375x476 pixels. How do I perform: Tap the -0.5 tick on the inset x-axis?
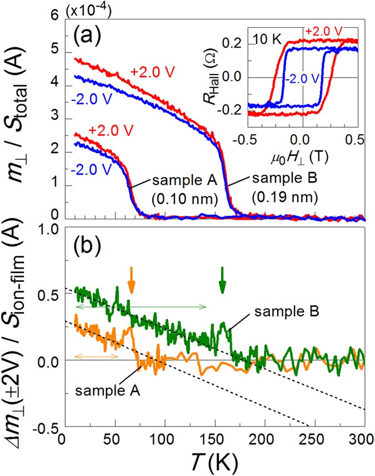click(x=247, y=137)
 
